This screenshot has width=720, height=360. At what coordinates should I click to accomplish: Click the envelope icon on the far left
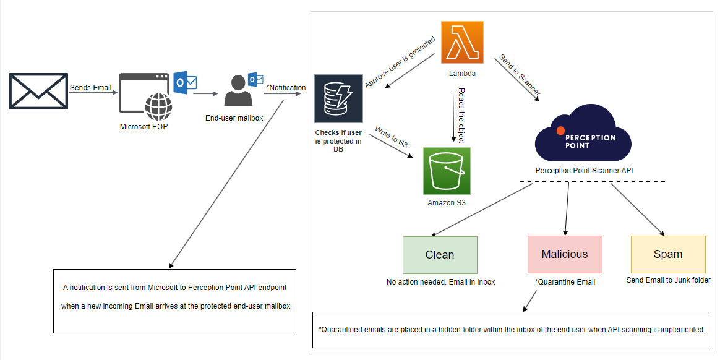(38, 91)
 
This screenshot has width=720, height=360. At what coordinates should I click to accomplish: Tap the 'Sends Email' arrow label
(91, 88)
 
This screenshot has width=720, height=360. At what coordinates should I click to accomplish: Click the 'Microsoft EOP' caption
(144, 127)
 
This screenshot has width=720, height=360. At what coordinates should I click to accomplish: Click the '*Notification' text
(286, 88)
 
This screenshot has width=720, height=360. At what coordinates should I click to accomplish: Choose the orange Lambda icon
(462, 42)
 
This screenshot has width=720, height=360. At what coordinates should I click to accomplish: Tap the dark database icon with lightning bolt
(338, 99)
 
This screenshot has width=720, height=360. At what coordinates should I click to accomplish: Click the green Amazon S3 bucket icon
(446, 170)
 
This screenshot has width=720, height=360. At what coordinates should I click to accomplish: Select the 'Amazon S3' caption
(447, 202)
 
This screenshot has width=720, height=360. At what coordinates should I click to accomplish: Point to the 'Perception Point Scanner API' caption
(585, 170)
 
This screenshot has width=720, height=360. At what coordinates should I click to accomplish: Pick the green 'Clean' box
(440, 255)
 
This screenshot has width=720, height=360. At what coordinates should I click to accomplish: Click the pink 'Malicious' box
(565, 254)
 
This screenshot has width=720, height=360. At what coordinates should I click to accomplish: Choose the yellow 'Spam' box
(668, 254)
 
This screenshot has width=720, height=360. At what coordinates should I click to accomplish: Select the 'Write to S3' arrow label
(392, 137)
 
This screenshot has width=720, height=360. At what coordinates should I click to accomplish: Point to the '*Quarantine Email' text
(565, 282)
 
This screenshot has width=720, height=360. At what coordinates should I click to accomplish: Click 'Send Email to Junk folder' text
(668, 280)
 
